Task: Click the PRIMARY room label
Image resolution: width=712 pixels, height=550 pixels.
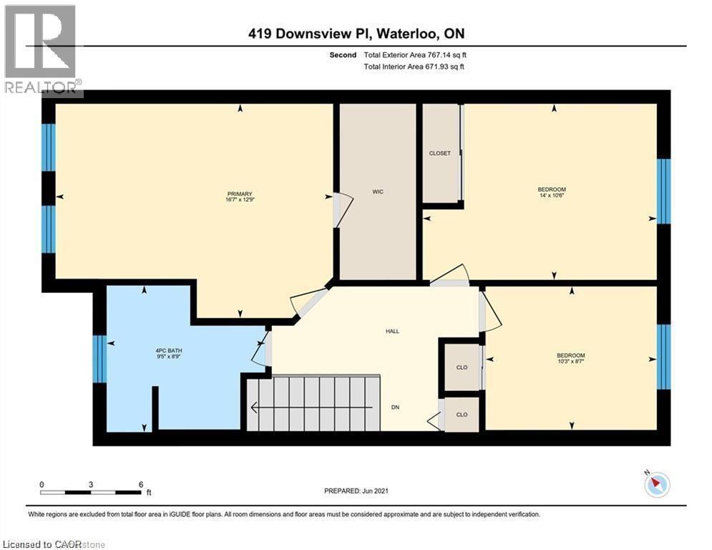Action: click(240, 193)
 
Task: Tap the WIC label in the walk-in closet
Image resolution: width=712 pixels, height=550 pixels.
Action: click(378, 192)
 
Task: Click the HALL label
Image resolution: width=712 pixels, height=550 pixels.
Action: click(391, 331)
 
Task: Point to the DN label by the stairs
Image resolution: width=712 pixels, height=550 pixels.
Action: click(394, 408)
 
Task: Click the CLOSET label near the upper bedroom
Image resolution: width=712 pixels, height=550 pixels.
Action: click(439, 153)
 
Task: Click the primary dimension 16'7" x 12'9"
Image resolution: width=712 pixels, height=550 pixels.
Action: click(240, 201)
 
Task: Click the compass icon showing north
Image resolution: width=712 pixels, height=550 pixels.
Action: click(656, 485)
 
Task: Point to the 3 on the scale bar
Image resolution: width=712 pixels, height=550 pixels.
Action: click(91, 484)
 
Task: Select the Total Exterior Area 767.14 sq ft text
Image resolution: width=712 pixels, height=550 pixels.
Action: click(418, 54)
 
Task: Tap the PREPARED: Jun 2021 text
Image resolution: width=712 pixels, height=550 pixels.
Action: click(356, 491)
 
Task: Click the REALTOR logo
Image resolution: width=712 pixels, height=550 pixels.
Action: click(41, 49)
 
